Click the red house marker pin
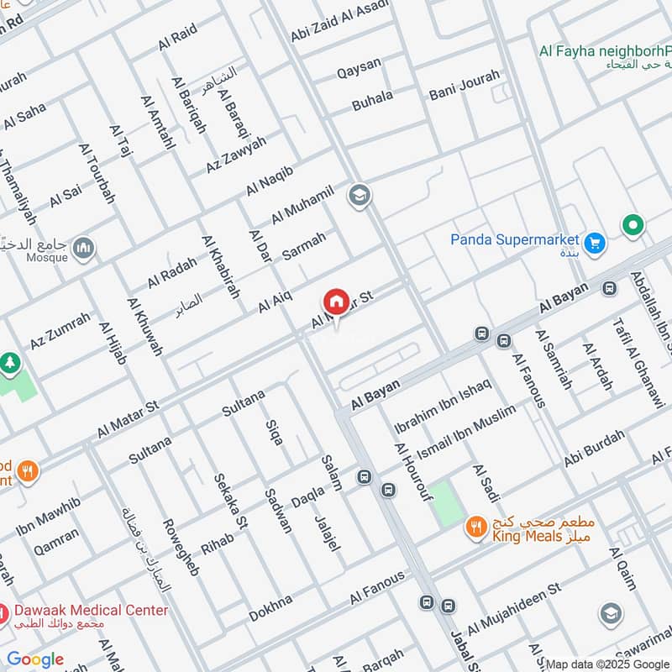[x=336, y=302]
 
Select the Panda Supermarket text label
[x=514, y=239]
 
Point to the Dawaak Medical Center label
[x=90, y=611]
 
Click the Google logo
[x=35, y=659]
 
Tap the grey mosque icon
[x=83, y=247]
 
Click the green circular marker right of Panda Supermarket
[x=633, y=225]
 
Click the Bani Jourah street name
[x=464, y=85]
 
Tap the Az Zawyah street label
[x=236, y=155]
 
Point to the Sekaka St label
[x=229, y=501]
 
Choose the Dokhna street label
[x=270, y=609]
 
